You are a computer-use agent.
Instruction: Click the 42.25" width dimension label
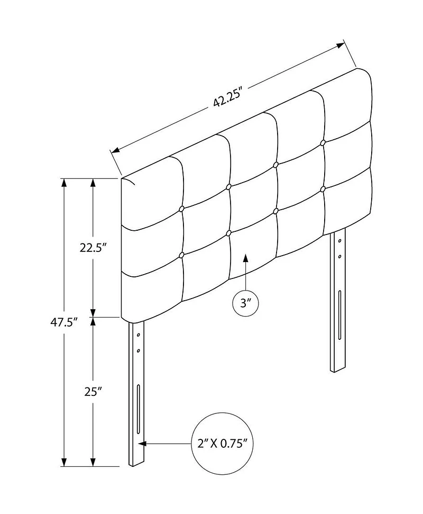pos(227,98)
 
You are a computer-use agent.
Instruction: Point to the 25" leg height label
pos(93,392)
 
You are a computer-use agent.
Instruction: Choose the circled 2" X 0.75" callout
pos(222,444)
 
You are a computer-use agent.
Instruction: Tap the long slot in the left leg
pos(139,409)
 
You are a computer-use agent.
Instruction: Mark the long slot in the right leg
pos(339,315)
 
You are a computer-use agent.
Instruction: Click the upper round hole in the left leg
pos(139,335)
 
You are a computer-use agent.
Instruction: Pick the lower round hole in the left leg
pos(139,350)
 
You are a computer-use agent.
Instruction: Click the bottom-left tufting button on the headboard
pos(181,255)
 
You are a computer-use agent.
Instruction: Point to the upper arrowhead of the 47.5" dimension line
pos(64,183)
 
